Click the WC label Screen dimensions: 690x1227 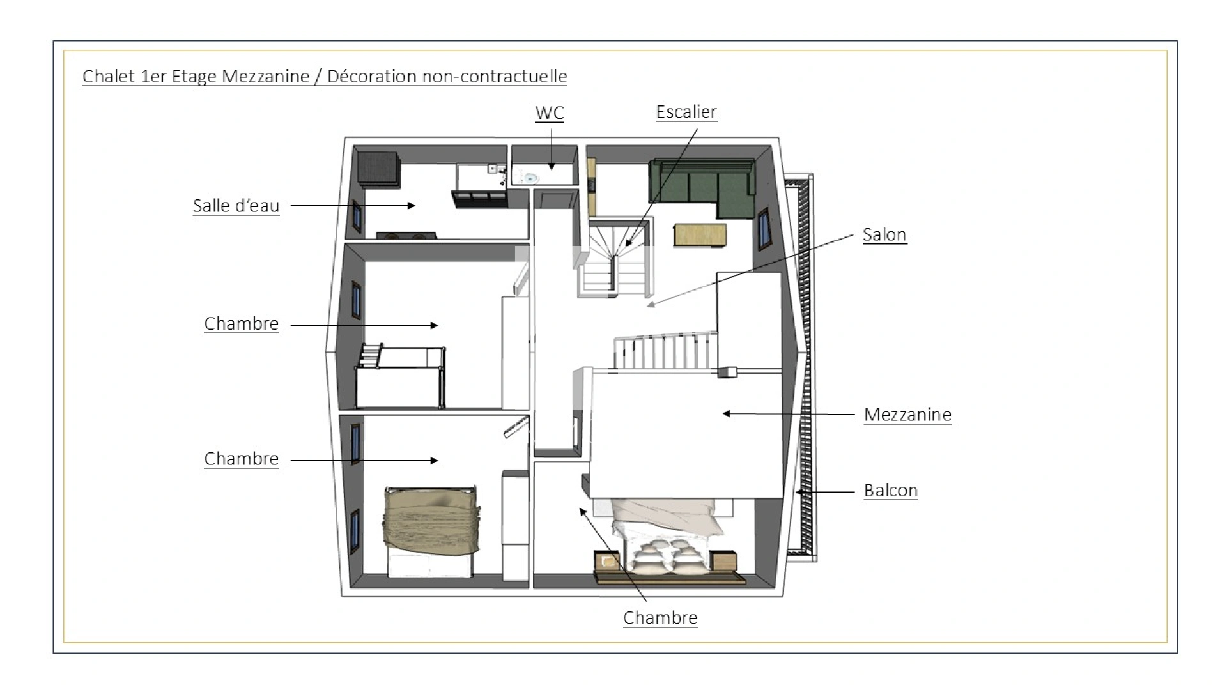pos(549,113)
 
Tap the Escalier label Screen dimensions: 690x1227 pos(686,112)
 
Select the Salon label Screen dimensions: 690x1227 pos(884,234)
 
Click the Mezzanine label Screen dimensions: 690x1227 pos(907,415)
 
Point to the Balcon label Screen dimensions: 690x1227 pos(890,491)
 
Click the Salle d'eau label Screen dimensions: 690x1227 pos(236,206)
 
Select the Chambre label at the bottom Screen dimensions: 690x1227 pos(660,618)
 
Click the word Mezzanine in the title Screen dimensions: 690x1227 pos(265,77)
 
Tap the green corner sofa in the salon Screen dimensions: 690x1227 pos(703,185)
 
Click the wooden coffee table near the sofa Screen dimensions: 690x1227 pos(699,234)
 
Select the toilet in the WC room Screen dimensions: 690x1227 pos(528,176)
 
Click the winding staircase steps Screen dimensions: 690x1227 pos(613,256)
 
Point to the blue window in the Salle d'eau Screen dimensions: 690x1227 pos(357,216)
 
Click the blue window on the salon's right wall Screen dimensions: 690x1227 pos(763,229)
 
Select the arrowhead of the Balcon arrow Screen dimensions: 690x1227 pos(799,492)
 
